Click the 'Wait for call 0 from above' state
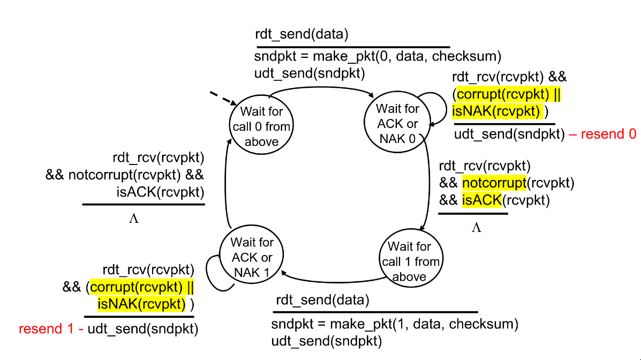pos(262,126)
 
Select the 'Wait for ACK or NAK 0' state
pos(397,124)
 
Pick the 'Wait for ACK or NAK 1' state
pos(252,258)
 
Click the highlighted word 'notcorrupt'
pos(494,184)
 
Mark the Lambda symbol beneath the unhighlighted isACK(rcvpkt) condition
pos(134,219)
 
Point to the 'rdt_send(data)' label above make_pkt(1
pos(322,300)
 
